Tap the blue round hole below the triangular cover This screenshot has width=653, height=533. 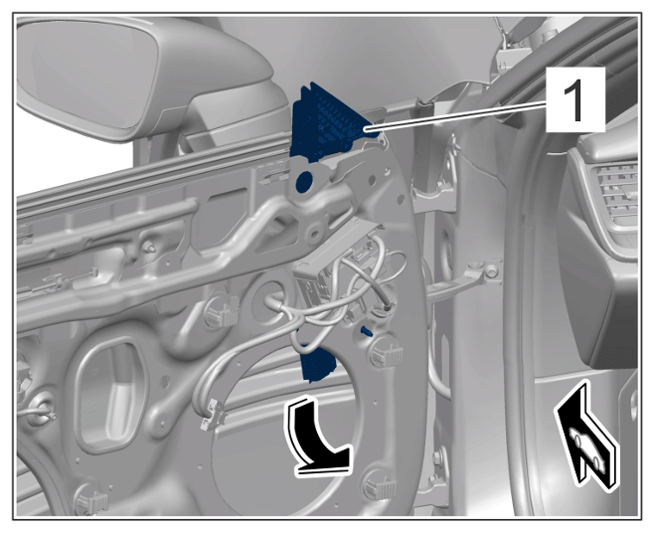[x=304, y=182]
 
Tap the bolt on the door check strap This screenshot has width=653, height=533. [x=492, y=271]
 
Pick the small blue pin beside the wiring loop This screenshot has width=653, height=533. [x=366, y=331]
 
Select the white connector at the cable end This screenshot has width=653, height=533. [x=214, y=414]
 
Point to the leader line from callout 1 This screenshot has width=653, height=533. [x=455, y=118]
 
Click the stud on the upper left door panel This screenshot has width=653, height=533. [x=149, y=249]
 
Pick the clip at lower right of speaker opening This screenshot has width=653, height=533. [x=380, y=484]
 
